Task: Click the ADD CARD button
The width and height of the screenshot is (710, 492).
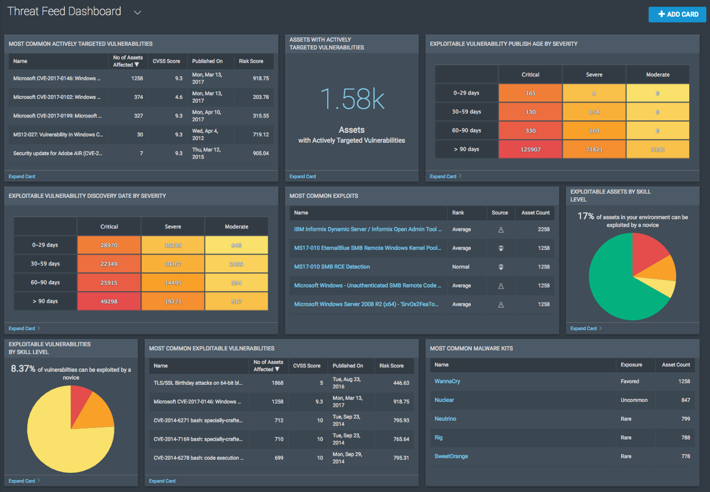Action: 677,14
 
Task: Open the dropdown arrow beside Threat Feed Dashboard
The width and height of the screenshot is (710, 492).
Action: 138,13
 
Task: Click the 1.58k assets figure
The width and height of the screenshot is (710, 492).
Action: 352,99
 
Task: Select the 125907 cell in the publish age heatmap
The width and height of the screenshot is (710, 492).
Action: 530,149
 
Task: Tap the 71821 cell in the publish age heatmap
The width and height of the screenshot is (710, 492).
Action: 594,149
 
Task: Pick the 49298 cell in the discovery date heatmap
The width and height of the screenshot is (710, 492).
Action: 109,301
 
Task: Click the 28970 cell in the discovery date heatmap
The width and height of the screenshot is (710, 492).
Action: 109,245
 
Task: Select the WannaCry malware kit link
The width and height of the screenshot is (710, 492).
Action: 447,381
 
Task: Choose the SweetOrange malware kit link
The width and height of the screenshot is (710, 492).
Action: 451,456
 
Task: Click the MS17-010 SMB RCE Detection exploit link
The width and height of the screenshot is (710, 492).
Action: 332,267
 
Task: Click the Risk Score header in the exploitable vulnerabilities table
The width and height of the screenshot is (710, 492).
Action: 392,366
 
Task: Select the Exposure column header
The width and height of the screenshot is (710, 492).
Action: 631,365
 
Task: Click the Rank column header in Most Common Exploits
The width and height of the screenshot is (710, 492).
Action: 458,213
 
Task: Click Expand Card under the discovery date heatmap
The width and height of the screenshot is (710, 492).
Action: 22,329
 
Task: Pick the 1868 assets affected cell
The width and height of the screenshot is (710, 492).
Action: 277,383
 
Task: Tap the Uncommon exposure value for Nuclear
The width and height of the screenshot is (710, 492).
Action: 634,400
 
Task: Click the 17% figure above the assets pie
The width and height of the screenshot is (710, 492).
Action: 586,216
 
